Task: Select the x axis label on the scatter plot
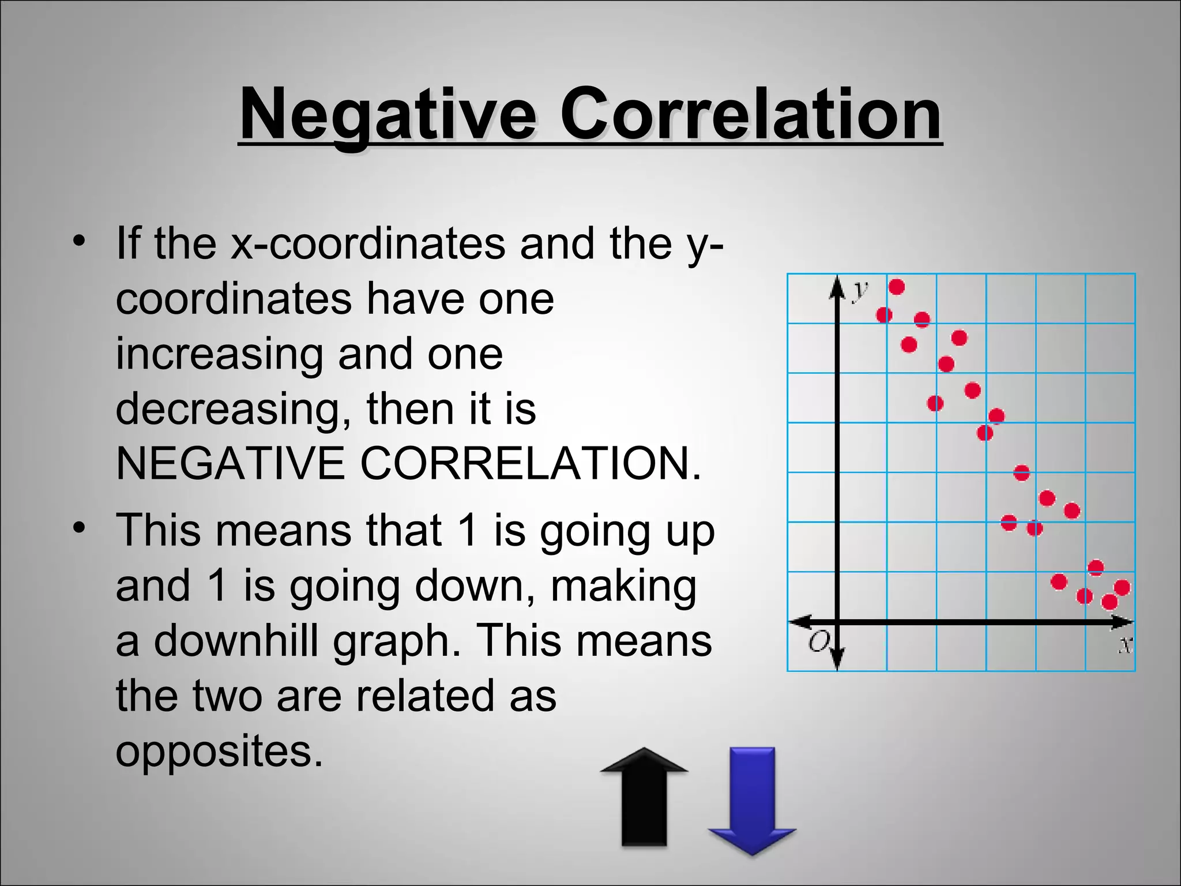coord(1125,644)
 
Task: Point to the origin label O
coord(819,641)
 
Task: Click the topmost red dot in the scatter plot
coord(897,287)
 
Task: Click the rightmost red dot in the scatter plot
coord(1122,588)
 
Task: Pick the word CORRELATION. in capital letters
coord(531,463)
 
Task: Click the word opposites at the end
coord(219,751)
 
